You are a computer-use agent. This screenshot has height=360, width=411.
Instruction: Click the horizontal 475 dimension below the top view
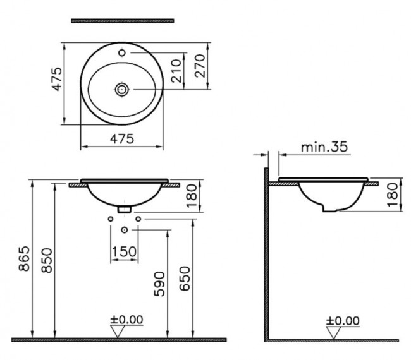[122, 139]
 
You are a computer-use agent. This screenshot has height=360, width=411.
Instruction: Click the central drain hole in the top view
[122, 90]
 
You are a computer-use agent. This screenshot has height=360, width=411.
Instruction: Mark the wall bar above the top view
[122, 21]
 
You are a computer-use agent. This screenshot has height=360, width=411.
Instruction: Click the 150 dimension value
[124, 252]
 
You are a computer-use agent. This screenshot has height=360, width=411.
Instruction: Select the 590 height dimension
[159, 284]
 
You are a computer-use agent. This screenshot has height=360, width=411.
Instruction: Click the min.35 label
[324, 147]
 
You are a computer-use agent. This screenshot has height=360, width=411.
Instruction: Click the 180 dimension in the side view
[393, 195]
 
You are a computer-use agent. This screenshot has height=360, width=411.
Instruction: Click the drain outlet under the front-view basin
[125, 207]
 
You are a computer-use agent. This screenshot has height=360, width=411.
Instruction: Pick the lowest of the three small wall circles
[124, 229]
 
